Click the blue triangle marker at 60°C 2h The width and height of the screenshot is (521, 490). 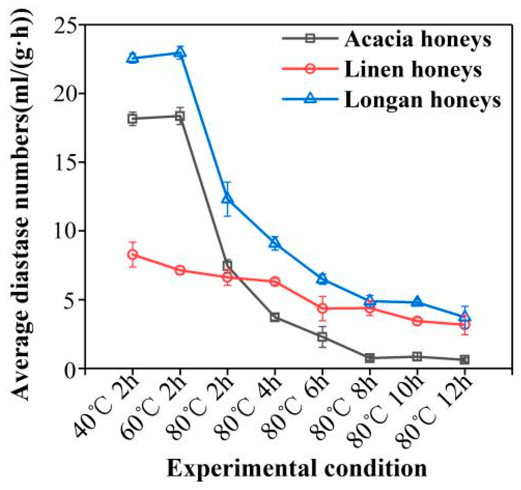pos(180,53)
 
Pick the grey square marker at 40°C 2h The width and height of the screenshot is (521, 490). pos(133,119)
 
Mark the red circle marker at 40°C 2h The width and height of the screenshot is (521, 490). pos(133,254)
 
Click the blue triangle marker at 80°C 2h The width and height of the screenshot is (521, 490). pos(227,198)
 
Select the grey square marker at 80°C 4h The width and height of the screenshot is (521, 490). pos(274,317)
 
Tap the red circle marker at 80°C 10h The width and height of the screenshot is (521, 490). pos(417,321)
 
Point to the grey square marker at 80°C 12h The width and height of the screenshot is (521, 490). pos(464,360)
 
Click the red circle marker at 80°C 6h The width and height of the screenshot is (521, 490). pos(322,308)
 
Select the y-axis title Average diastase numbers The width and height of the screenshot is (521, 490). pos(21,204)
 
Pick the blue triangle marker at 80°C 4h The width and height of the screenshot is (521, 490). pos(274,243)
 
